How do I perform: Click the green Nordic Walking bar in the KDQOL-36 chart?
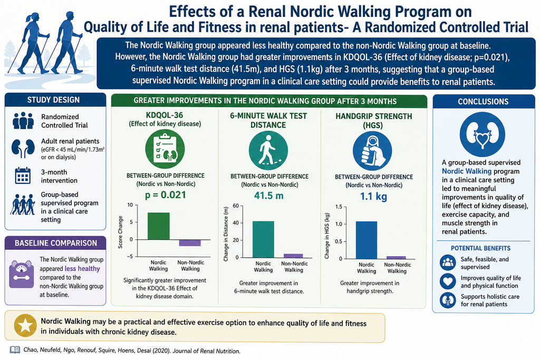158,226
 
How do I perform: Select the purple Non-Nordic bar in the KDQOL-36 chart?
190,242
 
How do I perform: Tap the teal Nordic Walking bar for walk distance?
264,239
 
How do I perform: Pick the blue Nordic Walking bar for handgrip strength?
367,240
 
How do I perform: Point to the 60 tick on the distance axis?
236,206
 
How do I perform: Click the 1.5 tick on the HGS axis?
339,207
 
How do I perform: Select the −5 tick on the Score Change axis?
130,256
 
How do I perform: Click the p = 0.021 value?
165,195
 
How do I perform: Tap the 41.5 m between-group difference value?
268,196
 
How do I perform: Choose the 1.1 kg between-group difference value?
373,197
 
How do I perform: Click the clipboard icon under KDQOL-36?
165,149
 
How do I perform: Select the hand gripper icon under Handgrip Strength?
372,151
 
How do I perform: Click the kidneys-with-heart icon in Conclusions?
482,134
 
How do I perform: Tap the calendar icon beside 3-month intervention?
23,176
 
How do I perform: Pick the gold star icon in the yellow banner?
25,325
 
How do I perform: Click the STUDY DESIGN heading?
53,100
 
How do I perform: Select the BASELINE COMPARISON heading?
56,243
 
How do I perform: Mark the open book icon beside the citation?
15,350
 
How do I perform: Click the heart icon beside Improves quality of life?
448,281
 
